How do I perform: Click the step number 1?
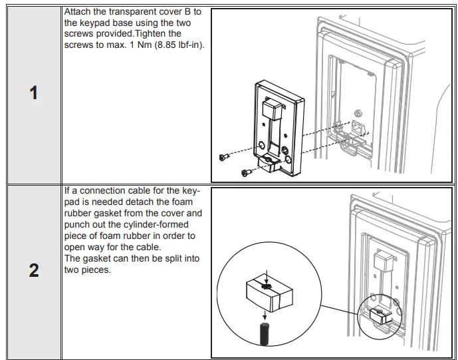click(33, 92)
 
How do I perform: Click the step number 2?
click(33, 271)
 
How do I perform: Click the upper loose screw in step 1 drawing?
click(224, 156)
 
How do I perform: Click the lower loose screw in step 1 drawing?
click(245, 172)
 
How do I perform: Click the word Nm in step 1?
click(125, 45)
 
